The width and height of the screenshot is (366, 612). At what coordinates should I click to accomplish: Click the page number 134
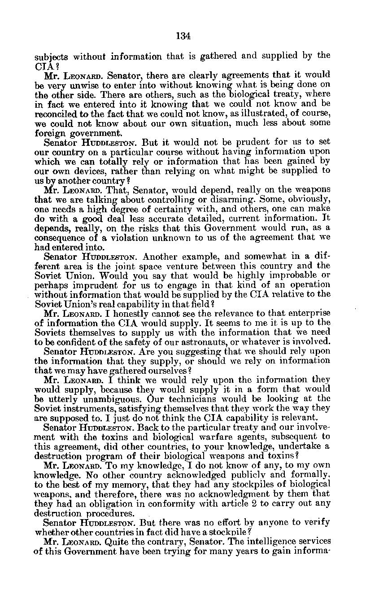pos(183,36)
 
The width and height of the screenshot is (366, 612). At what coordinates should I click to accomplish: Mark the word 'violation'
pos(108,237)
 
